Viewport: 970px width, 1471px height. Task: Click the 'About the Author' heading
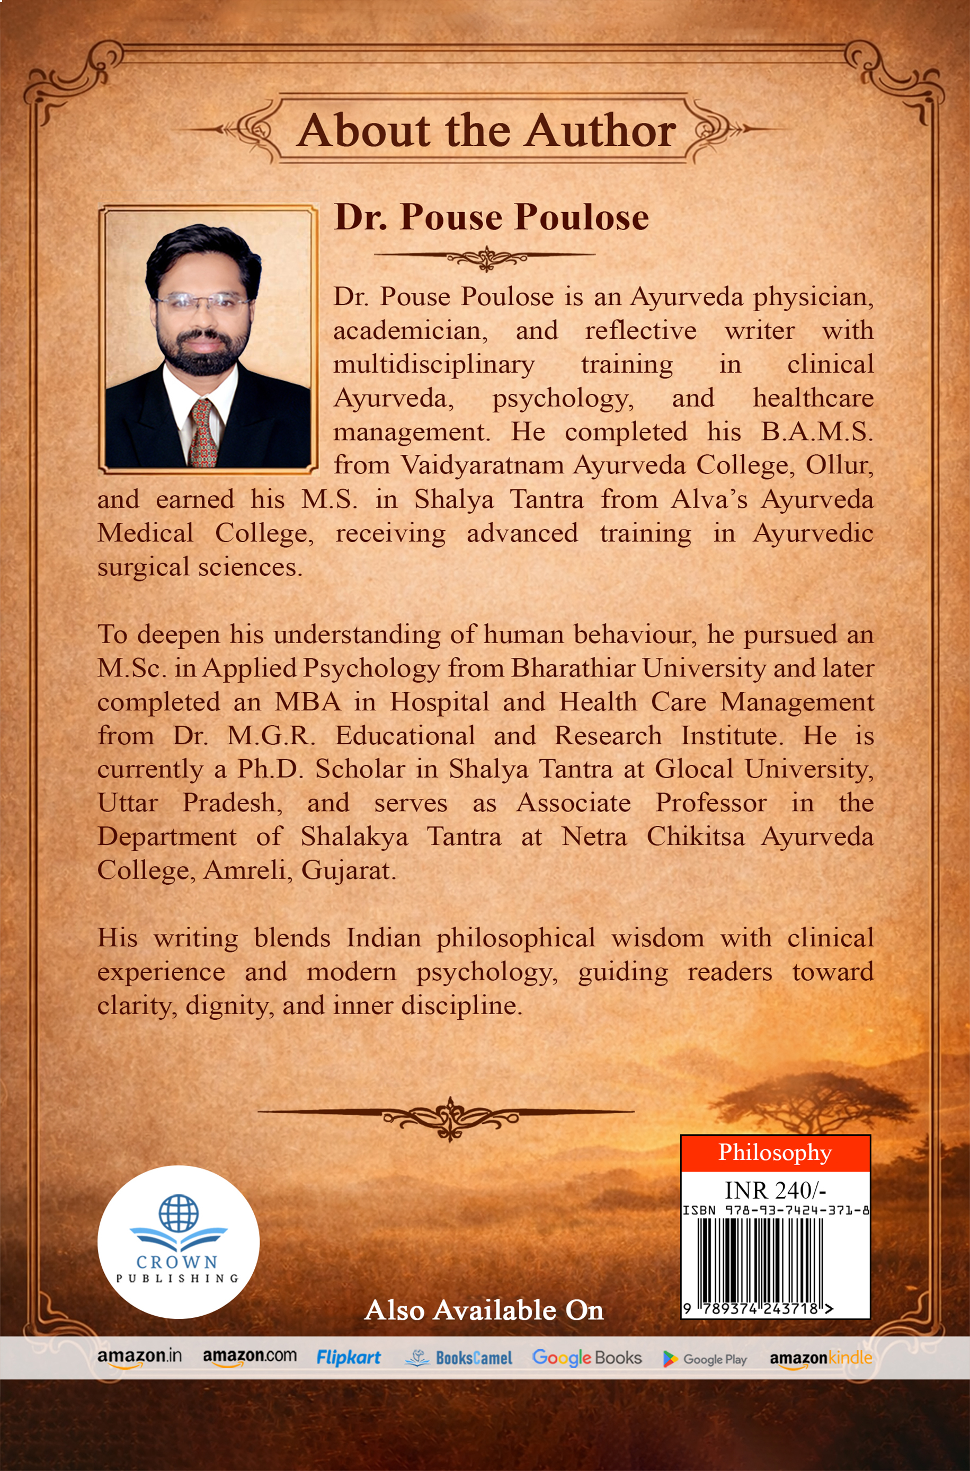tap(486, 130)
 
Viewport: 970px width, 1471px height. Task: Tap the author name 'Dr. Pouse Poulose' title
tap(491, 217)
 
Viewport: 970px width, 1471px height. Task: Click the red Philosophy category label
tap(775, 1152)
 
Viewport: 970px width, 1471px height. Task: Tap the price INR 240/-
tap(775, 1190)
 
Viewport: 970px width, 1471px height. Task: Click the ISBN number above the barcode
tap(775, 1209)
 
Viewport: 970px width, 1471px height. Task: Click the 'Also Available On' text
tap(484, 1310)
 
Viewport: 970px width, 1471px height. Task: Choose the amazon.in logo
tap(139, 1357)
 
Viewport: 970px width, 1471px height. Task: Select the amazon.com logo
tap(250, 1357)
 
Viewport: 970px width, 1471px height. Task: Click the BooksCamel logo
tap(458, 1358)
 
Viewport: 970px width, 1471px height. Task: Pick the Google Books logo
tap(586, 1358)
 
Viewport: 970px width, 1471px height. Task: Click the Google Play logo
tap(705, 1359)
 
